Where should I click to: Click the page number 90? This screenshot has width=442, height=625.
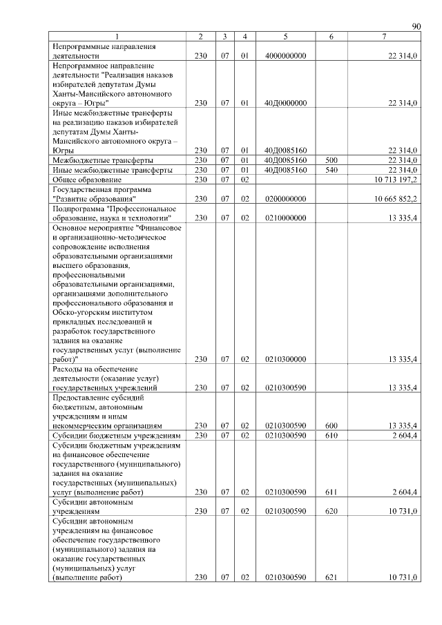[416, 26]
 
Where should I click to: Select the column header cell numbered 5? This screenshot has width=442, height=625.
[285, 36]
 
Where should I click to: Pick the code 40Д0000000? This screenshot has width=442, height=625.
[285, 103]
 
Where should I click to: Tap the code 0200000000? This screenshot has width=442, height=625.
[285, 199]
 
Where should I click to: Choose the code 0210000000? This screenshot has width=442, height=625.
[285, 218]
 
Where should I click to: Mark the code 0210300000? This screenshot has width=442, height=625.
[285, 359]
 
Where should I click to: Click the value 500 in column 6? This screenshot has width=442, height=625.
[331, 160]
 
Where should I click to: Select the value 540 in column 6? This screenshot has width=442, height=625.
[331, 170]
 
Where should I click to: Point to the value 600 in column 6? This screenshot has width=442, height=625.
[331, 426]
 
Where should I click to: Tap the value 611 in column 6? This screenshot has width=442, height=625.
[331, 492]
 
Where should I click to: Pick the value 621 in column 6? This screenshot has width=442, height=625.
[331, 577]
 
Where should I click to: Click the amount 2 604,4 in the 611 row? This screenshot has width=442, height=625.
[404, 492]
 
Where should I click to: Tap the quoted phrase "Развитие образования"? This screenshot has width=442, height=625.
[95, 199]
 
